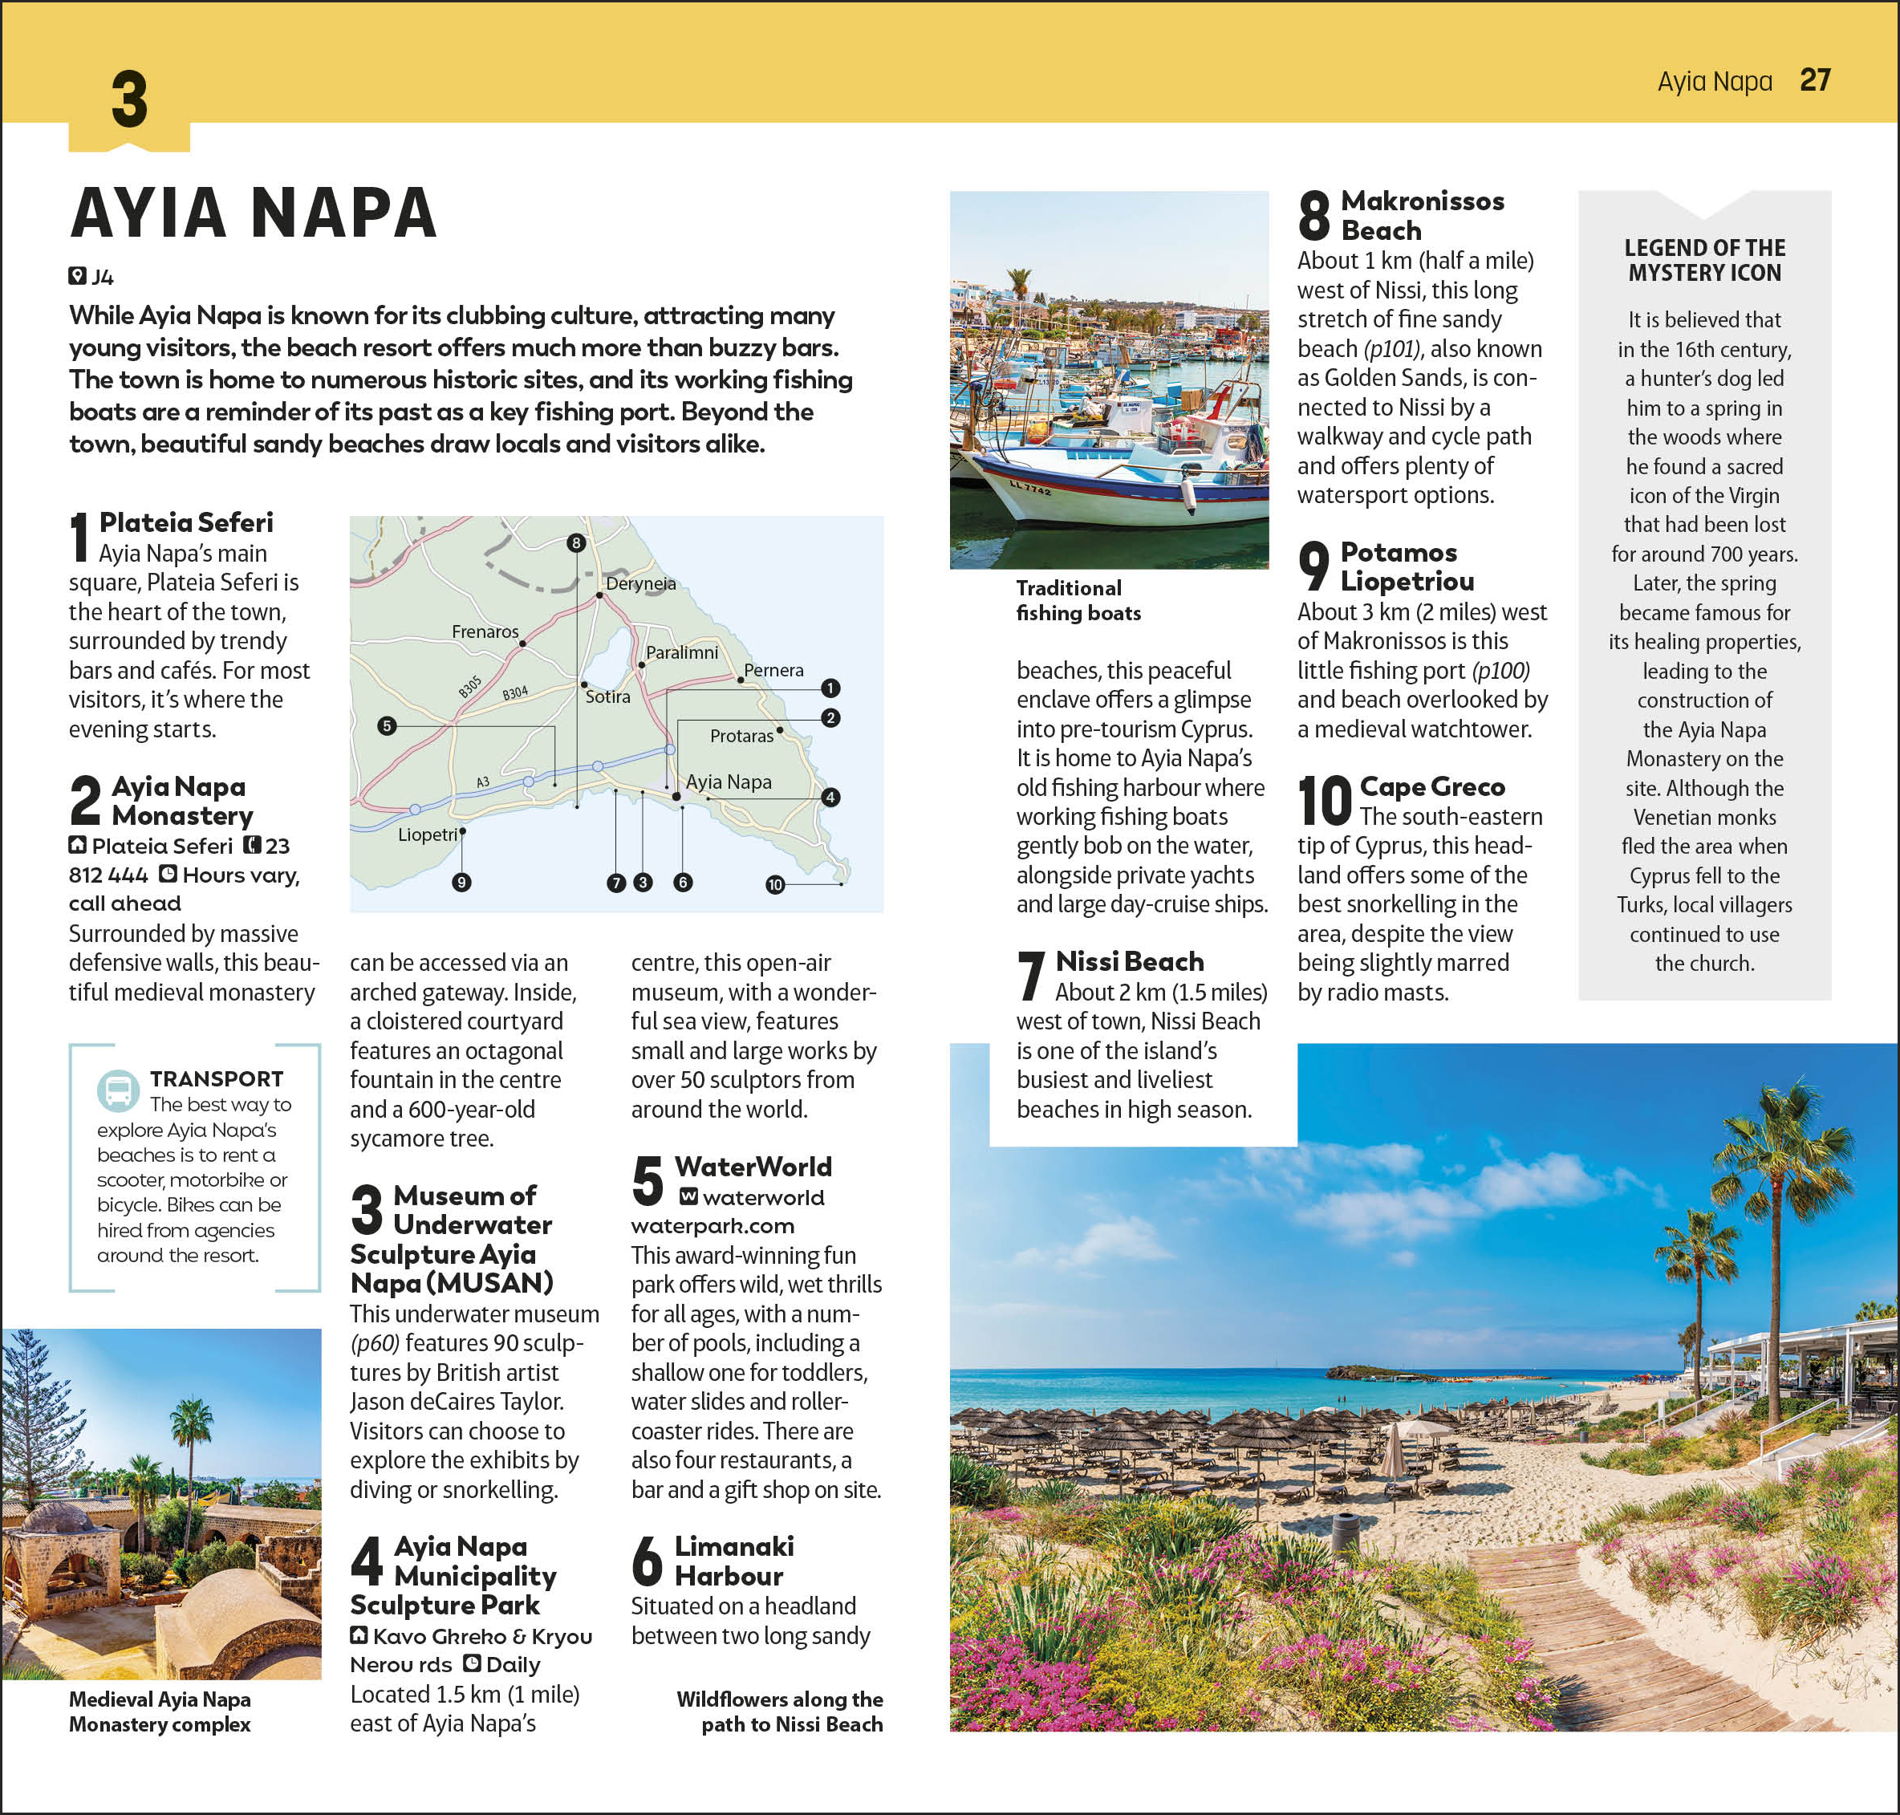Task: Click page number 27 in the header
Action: (x=1814, y=80)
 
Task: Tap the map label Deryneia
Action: (x=640, y=583)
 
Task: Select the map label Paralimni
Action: (x=681, y=652)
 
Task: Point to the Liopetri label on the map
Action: (x=428, y=834)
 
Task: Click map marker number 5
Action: (x=387, y=725)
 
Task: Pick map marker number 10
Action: (x=775, y=884)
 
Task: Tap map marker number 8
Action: (x=577, y=542)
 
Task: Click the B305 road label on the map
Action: (x=470, y=687)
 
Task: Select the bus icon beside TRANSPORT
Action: (x=118, y=1090)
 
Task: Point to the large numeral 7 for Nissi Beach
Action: (x=1031, y=975)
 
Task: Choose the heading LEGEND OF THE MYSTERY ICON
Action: (x=1703, y=260)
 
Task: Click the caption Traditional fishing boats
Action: (x=1078, y=600)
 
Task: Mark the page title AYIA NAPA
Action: (x=254, y=213)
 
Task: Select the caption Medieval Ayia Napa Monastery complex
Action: (x=160, y=1711)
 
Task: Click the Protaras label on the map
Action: (x=741, y=735)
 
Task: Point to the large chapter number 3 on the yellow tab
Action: (x=128, y=99)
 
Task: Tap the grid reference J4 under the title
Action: (x=102, y=278)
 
